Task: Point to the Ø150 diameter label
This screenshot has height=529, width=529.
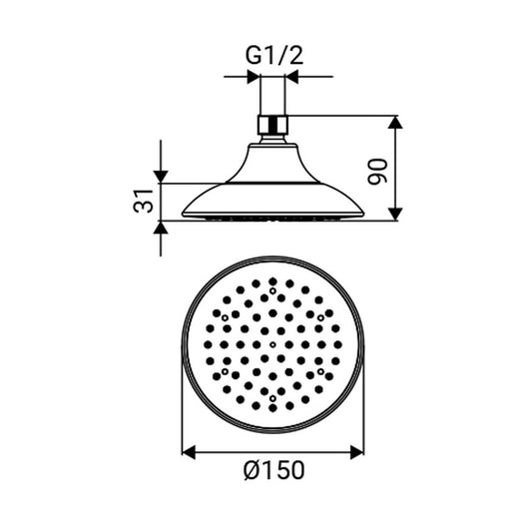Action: pos(272,470)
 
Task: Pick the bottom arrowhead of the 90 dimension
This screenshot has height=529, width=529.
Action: pos(396,214)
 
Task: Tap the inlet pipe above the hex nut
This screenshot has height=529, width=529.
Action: pos(273,100)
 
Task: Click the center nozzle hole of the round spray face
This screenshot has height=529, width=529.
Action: pos(272,341)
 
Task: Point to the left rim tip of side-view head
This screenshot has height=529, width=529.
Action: pos(185,215)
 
